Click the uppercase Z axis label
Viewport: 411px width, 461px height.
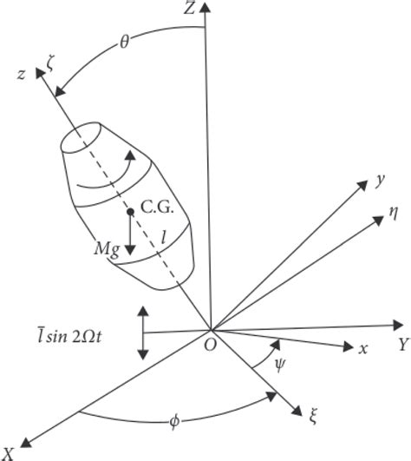[188, 10]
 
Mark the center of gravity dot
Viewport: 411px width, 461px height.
[129, 211]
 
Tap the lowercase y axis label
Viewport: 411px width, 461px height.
[380, 179]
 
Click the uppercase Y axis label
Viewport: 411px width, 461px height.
[402, 345]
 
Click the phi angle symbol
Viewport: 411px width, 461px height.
[175, 422]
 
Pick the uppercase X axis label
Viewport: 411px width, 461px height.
[8, 451]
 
